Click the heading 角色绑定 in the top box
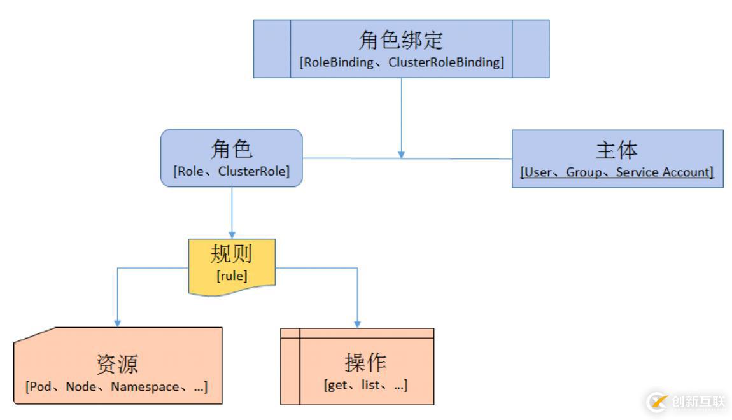(x=401, y=39)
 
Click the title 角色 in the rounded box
(x=231, y=149)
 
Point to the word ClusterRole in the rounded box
(x=252, y=171)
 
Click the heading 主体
(x=617, y=150)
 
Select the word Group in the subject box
(x=584, y=172)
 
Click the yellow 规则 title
(x=232, y=254)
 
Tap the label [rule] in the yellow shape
(x=232, y=276)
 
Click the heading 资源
(x=117, y=365)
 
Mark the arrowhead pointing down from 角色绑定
(x=401, y=154)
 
